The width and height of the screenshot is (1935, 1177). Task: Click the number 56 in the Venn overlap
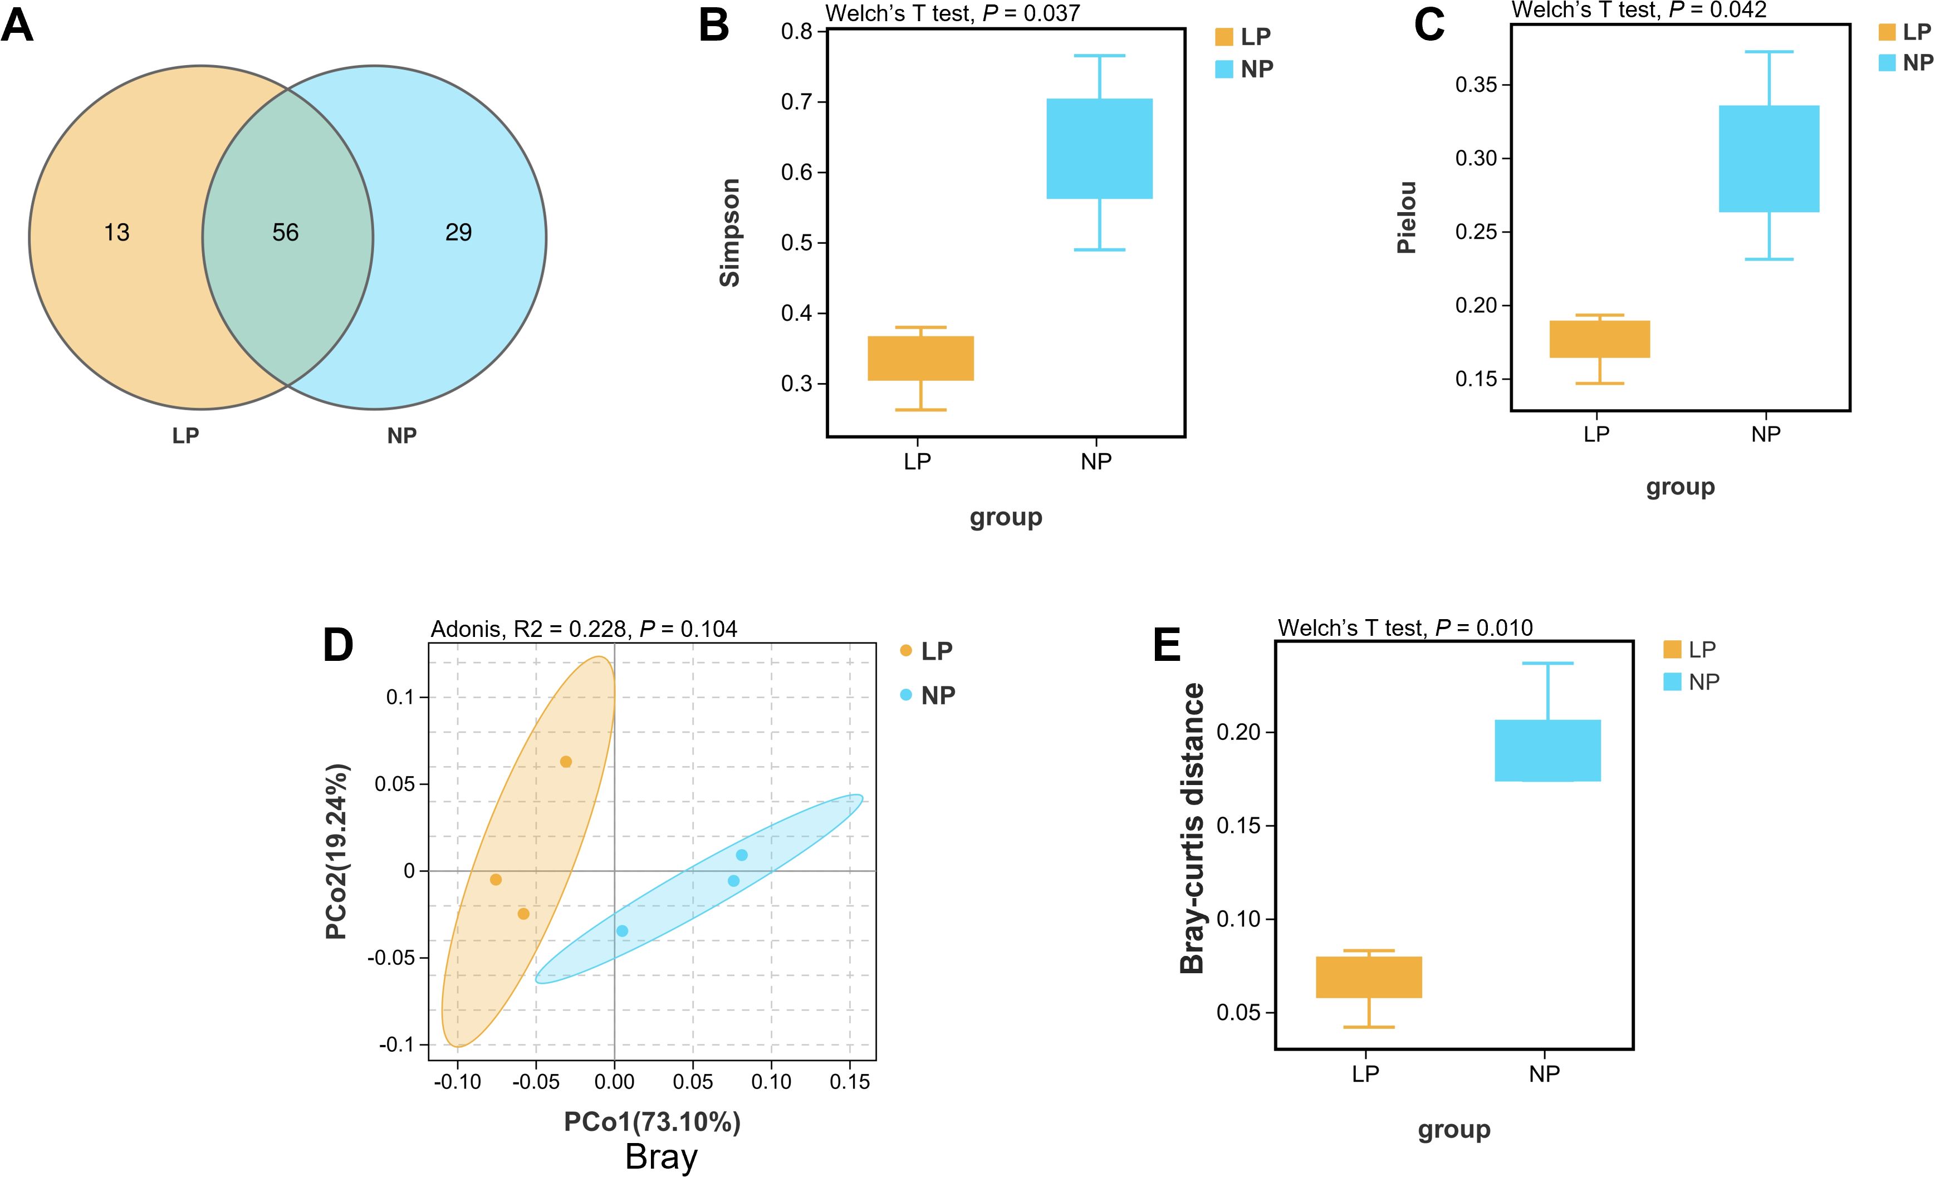pos(285,232)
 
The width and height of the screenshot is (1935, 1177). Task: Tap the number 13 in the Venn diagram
pos(116,232)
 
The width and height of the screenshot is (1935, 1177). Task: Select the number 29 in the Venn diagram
pos(459,232)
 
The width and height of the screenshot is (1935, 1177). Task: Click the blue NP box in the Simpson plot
pos(1099,149)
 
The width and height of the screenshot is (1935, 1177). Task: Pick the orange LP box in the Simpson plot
pos(920,358)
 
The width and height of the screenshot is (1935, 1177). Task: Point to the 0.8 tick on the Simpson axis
pos(796,31)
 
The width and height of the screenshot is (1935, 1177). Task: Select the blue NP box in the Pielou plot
pos(1769,159)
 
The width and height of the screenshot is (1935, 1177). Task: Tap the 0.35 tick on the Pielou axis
pos(1476,85)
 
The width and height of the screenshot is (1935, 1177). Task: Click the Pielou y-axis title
pos(1407,218)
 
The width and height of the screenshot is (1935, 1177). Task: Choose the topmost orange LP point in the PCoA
pos(565,762)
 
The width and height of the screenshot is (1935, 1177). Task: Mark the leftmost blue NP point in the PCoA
pos(622,931)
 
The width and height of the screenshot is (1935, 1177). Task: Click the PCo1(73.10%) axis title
pos(652,1122)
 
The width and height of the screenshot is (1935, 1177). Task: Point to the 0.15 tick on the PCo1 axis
pos(850,1082)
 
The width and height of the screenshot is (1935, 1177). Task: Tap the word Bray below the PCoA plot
pos(661,1158)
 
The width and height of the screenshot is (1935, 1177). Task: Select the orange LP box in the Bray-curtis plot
pos(1369,977)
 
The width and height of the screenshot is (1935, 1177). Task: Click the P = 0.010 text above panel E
pos(1483,628)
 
